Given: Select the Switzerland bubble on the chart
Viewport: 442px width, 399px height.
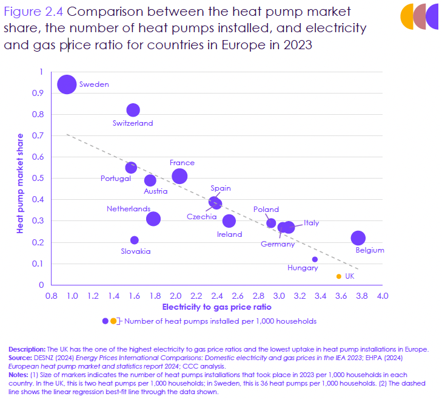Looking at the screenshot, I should (133, 110).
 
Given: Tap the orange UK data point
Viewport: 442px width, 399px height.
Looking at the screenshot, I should (338, 276).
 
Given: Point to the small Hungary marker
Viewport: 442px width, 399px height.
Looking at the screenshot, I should (315, 259).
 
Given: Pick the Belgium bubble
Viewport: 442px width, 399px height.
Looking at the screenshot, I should (358, 238).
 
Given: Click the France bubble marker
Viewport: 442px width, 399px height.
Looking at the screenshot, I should (179, 176).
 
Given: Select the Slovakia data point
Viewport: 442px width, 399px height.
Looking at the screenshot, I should (135, 240).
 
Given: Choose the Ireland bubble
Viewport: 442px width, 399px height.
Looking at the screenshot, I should (229, 220).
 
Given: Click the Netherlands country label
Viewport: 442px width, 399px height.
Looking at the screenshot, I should (129, 209).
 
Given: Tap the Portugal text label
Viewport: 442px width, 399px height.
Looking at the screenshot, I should (116, 179).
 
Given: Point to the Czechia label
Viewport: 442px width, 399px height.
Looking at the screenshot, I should (202, 217).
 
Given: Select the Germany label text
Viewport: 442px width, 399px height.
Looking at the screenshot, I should (278, 244).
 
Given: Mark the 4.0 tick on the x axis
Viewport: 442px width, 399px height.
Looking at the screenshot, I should (383, 296).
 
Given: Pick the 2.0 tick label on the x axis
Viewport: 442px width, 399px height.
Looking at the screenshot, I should (175, 296).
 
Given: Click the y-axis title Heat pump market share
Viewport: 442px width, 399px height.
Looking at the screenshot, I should (20, 183).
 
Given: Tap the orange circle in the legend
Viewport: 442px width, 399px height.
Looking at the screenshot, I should (113, 321).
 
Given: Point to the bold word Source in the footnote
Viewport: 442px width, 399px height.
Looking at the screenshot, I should (22, 357).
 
